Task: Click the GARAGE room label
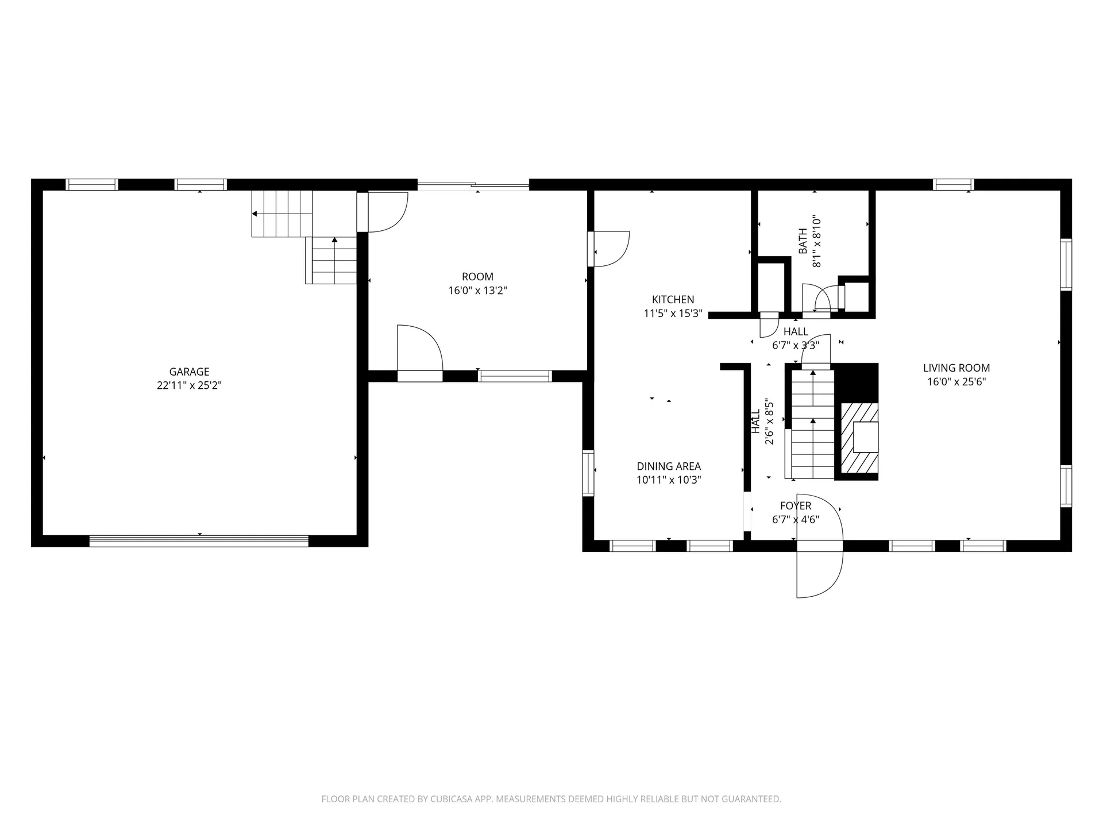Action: click(x=189, y=372)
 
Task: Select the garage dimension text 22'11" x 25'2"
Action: click(x=189, y=385)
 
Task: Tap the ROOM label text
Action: click(x=477, y=277)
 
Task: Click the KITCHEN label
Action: click(x=673, y=299)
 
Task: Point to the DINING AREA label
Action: click(x=669, y=466)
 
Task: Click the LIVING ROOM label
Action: click(x=957, y=368)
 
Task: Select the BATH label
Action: click(x=803, y=241)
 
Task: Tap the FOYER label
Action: click(x=796, y=506)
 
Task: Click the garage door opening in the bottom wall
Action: click(x=199, y=540)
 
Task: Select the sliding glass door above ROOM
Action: click(x=473, y=185)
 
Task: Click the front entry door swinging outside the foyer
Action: click(x=819, y=569)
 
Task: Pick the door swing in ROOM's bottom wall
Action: click(x=419, y=350)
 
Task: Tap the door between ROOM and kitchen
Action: click(x=609, y=249)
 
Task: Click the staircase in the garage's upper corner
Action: click(x=304, y=235)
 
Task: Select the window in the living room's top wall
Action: click(x=953, y=184)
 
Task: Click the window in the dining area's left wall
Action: click(x=588, y=473)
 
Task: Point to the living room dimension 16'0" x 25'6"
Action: click(x=957, y=382)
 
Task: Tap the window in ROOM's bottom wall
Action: click(x=515, y=376)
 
